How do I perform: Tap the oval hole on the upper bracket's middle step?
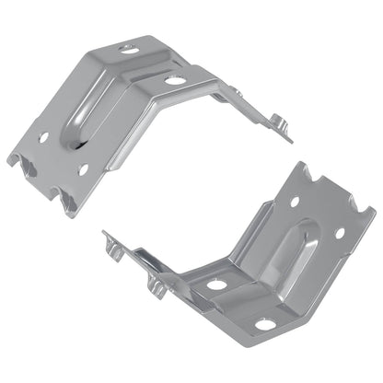tap(172, 80)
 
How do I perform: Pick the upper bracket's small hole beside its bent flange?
tap(84, 169)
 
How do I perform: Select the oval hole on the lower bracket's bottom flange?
tap(264, 323)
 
